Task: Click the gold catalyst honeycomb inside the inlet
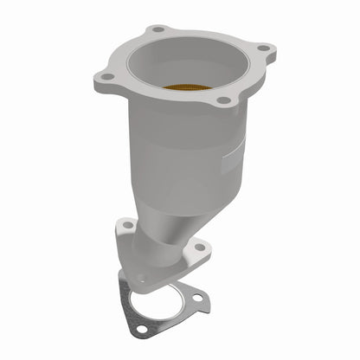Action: click(184, 87)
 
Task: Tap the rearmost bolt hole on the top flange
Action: click(157, 29)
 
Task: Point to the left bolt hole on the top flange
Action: click(106, 77)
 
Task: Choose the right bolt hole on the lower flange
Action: click(199, 247)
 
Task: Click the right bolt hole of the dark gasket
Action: click(198, 299)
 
